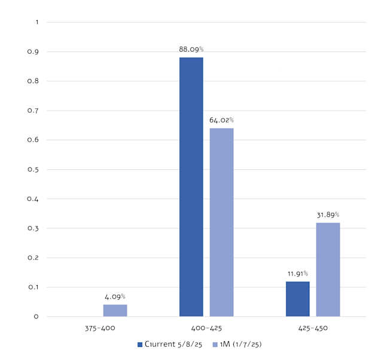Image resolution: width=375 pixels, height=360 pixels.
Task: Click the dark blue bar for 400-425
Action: click(191, 187)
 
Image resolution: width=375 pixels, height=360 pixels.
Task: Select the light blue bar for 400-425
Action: click(221, 222)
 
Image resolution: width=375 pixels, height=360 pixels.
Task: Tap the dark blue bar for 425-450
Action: click(298, 299)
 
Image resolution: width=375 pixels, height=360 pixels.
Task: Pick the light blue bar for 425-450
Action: click(328, 269)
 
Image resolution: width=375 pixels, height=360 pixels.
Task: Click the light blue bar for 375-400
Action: click(115, 310)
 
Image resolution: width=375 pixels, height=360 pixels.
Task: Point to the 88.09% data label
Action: click(191, 49)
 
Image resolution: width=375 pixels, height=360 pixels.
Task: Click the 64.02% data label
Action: click(221, 120)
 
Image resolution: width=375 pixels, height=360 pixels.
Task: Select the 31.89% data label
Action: click(328, 214)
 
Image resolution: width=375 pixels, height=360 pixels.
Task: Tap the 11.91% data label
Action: click(298, 273)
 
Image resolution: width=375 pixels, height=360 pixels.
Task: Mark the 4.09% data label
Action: click(115, 296)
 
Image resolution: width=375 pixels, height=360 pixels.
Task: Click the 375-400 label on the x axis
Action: click(100, 328)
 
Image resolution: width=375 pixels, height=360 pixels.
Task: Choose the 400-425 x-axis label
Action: click(206, 328)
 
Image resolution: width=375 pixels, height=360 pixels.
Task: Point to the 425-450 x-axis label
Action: click(313, 328)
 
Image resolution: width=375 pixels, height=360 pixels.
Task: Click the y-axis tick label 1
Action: click(36, 23)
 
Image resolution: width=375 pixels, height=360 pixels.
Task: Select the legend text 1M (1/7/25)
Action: click(240, 344)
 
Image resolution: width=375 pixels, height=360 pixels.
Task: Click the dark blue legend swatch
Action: click(139, 344)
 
